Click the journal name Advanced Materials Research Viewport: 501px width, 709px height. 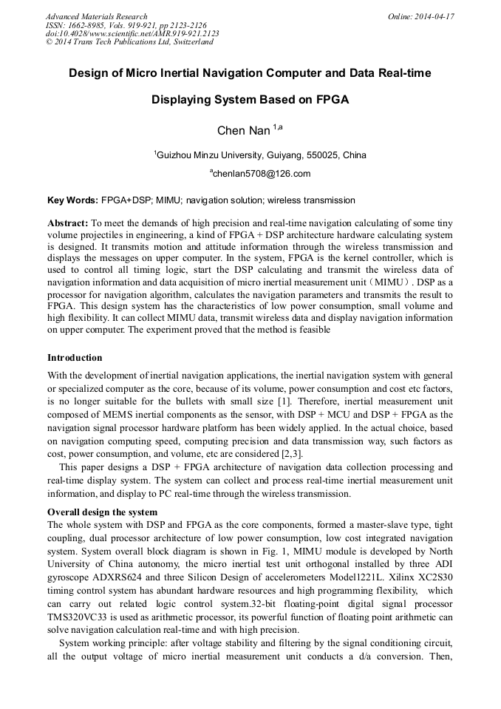tap(96, 16)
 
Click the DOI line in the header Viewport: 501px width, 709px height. tap(132, 34)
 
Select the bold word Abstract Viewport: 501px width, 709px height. tap(67, 223)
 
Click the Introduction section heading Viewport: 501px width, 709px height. tap(75, 358)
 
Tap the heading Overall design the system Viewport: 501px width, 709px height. tap(102, 512)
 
